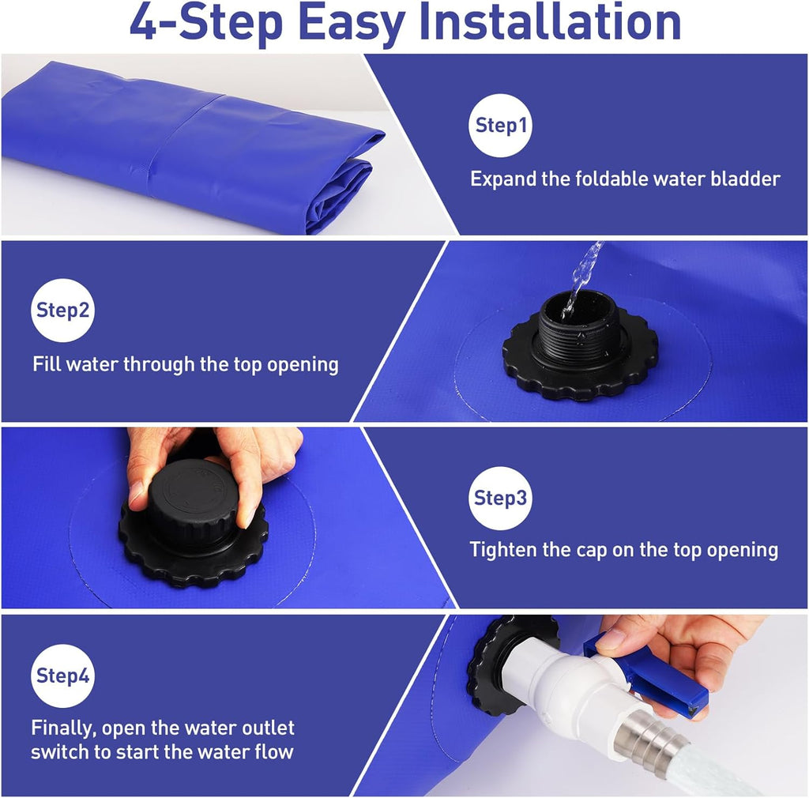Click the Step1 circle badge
[500, 126]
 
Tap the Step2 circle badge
[63, 310]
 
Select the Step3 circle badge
[500, 499]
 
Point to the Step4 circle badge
[63, 676]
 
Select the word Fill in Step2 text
[47, 364]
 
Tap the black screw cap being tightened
[193, 499]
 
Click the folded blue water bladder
[190, 146]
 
